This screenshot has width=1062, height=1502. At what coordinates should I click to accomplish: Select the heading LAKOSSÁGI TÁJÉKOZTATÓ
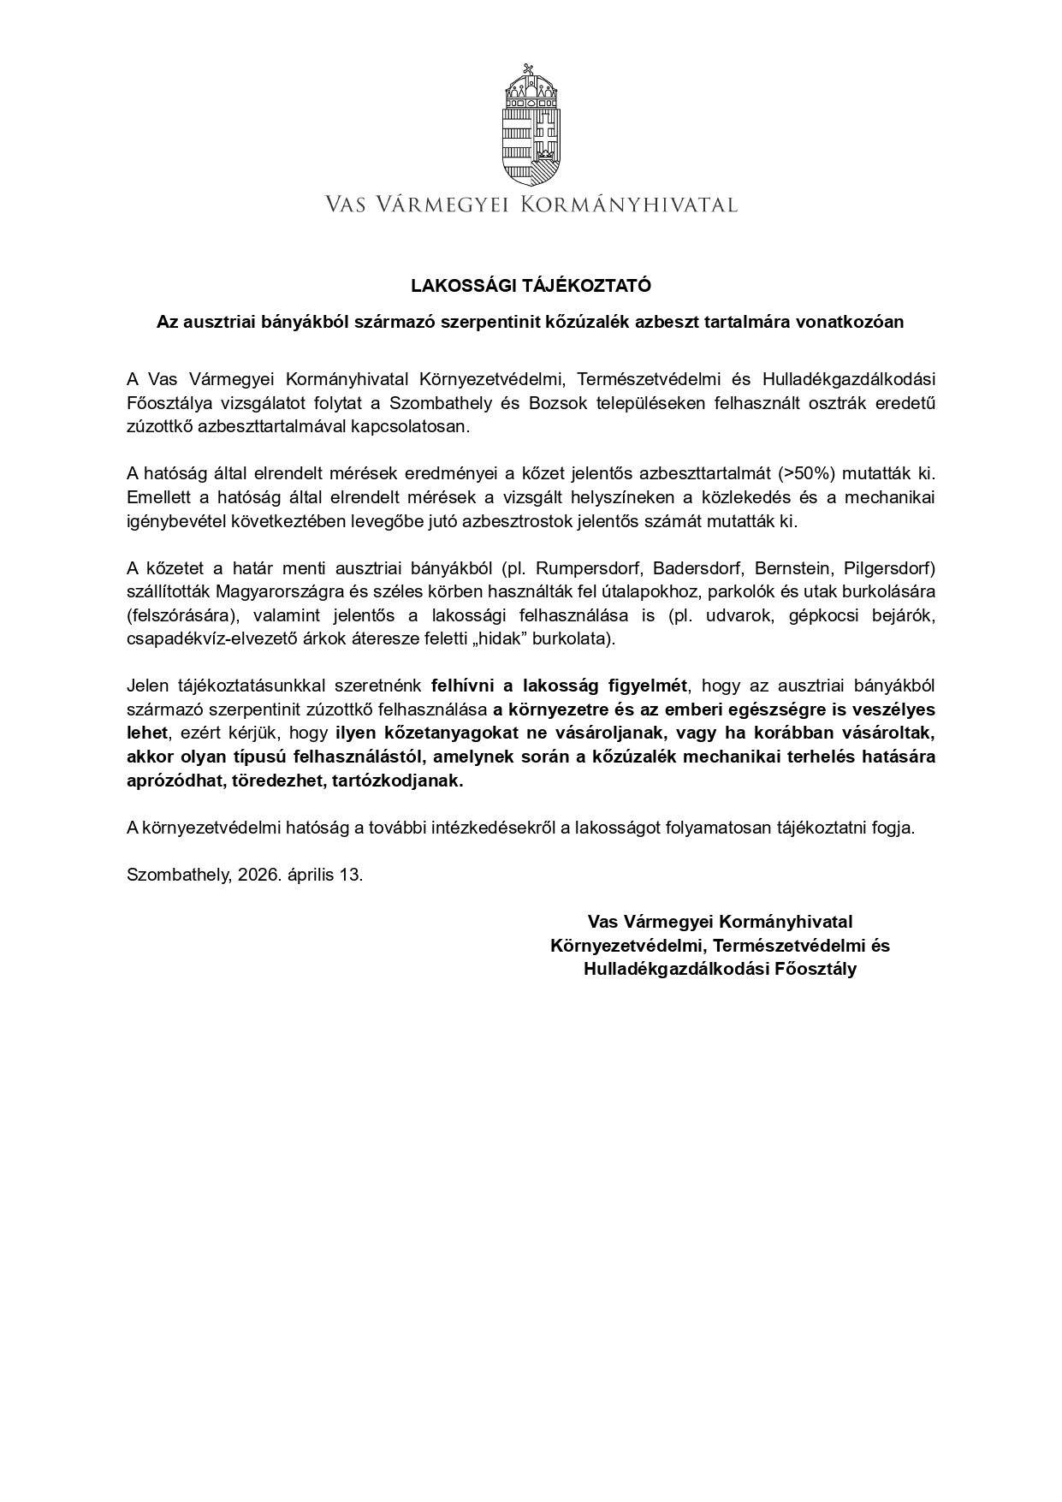(x=531, y=285)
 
